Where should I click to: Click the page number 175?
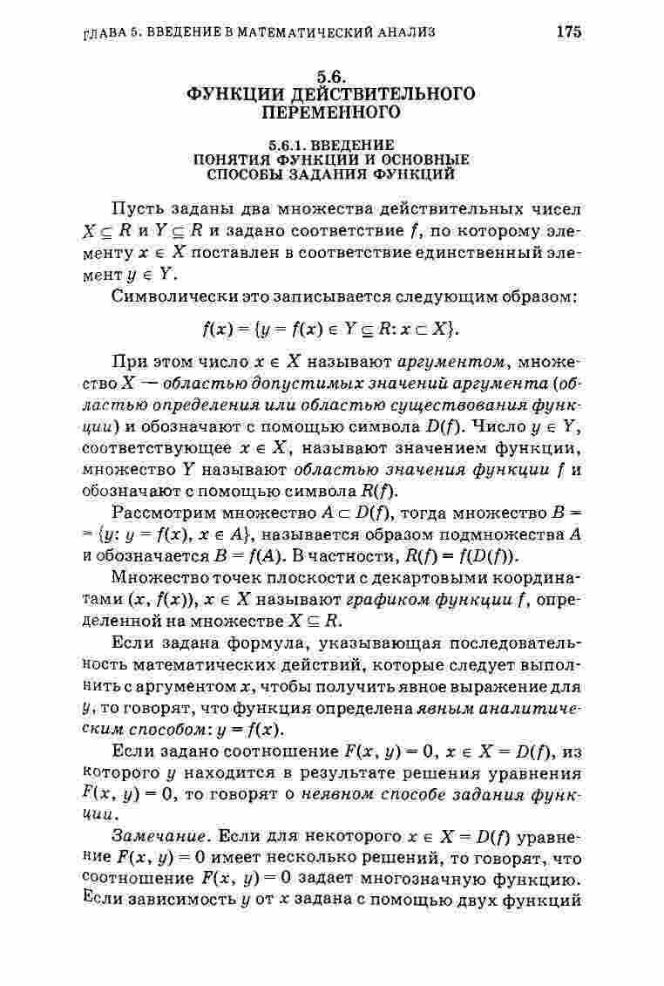567,33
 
